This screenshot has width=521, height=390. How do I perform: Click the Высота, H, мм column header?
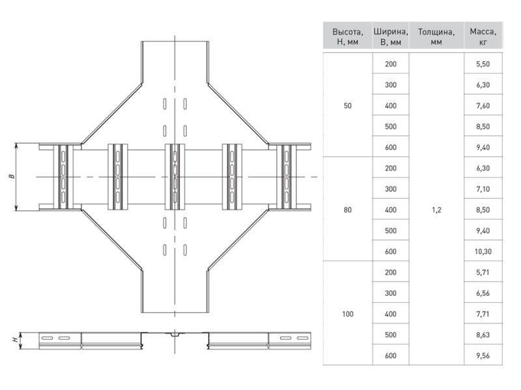348,37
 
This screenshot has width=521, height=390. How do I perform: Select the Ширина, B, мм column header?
391,37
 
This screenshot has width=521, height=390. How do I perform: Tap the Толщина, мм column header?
436,37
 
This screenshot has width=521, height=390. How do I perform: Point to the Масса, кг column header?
483,37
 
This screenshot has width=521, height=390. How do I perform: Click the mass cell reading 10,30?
483,252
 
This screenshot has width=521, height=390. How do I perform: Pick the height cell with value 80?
348,209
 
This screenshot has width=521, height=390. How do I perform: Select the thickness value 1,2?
436,209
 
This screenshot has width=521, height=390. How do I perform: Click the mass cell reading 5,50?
483,64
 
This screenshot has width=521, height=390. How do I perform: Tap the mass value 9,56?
483,356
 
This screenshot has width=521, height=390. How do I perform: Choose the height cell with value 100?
348,314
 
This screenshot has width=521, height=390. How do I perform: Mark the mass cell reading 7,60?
483,105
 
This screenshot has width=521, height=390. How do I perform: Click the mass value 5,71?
483,272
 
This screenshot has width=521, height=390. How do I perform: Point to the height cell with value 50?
348,105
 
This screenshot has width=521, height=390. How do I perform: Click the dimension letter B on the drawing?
12,176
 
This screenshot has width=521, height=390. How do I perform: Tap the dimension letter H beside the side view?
15,339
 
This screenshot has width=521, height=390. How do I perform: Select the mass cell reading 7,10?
483,189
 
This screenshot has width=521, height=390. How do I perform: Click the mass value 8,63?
483,335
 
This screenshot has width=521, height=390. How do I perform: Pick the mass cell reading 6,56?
483,293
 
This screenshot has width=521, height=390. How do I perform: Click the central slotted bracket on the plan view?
175,177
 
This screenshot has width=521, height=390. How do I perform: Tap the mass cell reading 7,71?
483,314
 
